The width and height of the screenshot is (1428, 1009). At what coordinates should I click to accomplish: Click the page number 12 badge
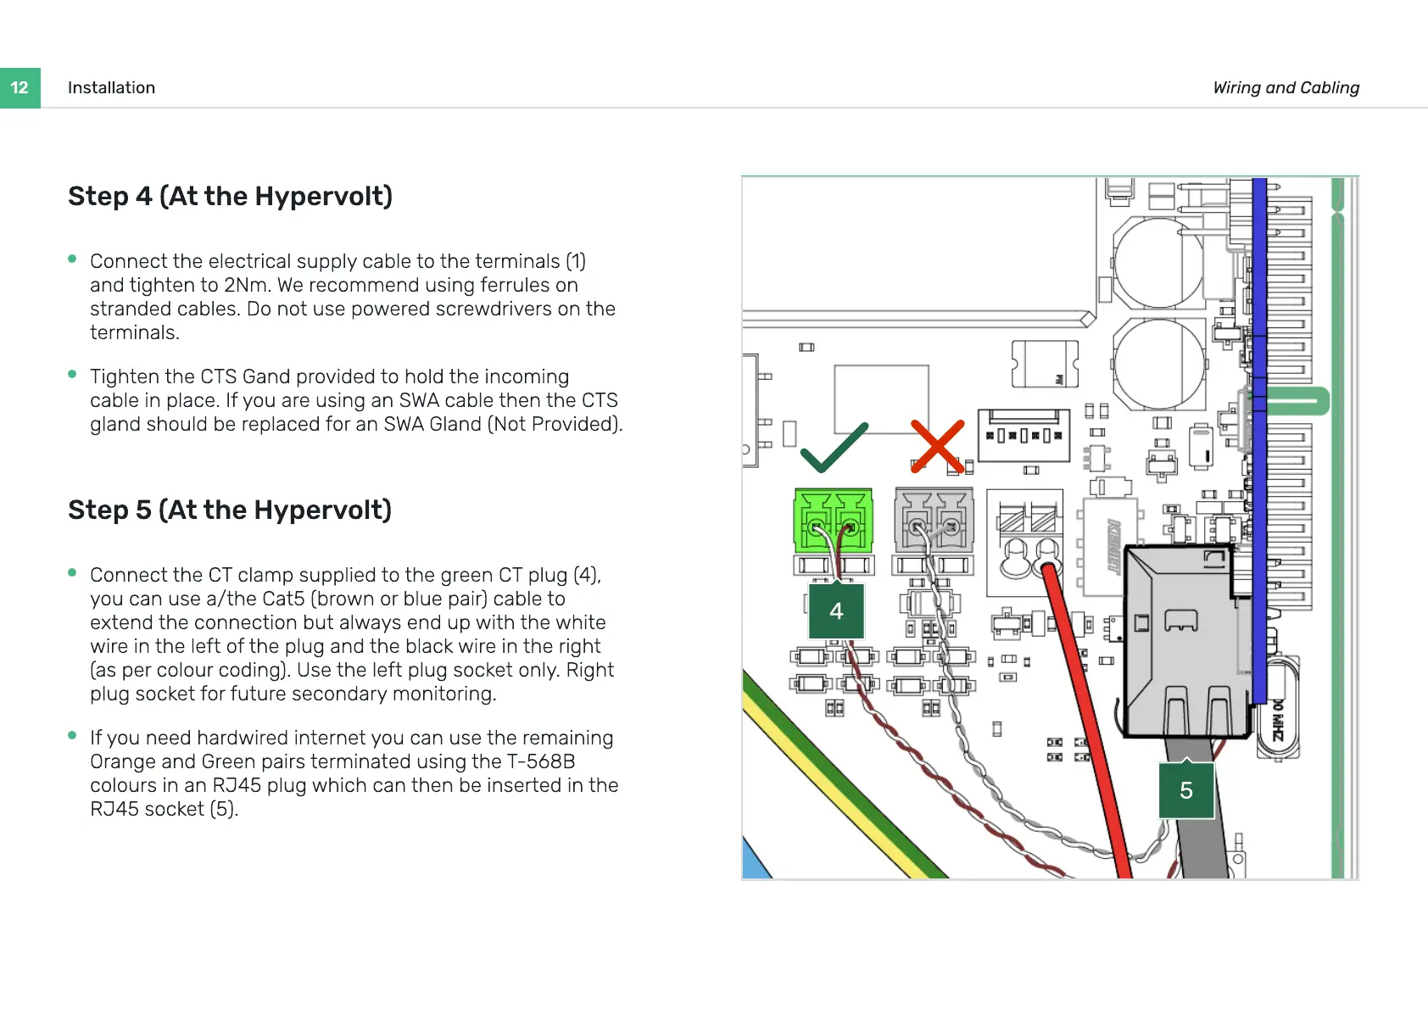pos(20,88)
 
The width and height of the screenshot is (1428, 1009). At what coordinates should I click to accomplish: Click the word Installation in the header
pos(111,88)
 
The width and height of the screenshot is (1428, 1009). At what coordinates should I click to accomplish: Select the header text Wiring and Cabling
pos(1286,88)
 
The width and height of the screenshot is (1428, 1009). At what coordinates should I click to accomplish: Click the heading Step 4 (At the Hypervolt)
pos(230,196)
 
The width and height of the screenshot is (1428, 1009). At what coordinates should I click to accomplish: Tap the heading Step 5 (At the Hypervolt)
pos(229,510)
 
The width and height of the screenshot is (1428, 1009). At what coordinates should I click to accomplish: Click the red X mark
pos(937,445)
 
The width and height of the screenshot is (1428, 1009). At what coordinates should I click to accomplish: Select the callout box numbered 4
pos(836,610)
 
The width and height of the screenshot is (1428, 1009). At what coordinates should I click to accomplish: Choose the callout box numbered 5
pos(1185,790)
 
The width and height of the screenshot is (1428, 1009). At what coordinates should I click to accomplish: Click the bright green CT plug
pos(833,519)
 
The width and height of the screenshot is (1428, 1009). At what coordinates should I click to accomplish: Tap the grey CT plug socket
pos(934,519)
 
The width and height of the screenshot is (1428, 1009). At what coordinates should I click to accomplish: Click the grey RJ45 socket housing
pos(1184,640)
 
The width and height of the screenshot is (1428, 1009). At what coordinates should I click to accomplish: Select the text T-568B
pos(541,761)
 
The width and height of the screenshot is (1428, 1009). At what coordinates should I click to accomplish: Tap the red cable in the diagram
pos(1090,721)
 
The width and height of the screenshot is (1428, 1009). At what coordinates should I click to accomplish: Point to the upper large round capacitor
pos(1158,263)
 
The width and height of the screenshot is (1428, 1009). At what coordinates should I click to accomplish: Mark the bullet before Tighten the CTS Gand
pos(73,375)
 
